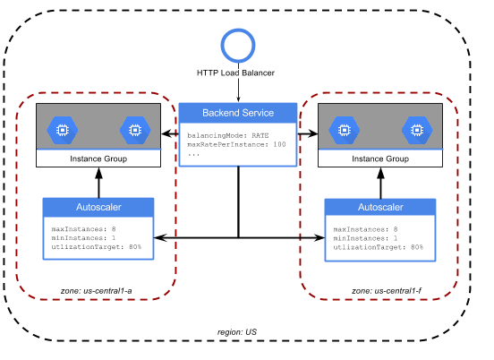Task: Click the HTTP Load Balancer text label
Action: [235, 73]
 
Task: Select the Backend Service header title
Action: [238, 113]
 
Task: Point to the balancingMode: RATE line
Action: [228, 135]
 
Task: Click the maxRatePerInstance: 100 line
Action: [236, 144]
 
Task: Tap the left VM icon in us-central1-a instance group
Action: [63, 130]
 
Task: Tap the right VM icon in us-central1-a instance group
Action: [135, 130]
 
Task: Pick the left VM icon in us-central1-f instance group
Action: [344, 130]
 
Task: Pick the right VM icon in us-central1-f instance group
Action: [417, 130]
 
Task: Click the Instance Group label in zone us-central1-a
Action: [98, 159]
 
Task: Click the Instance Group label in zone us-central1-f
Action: [380, 159]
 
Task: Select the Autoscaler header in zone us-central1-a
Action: [98, 207]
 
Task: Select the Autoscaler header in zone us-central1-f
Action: [380, 207]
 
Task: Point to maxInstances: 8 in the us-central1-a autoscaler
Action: [83, 229]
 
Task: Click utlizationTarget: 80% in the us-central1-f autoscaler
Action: [378, 247]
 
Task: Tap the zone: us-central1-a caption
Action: [97, 291]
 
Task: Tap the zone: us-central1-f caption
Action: [387, 291]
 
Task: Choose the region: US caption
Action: [237, 332]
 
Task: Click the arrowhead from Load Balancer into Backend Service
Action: [238, 99]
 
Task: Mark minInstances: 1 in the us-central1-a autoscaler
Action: [83, 237]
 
